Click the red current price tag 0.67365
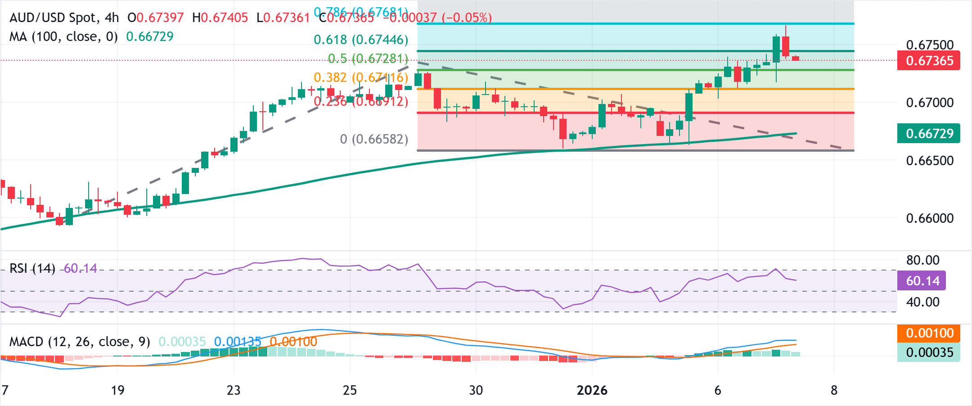coord(928,61)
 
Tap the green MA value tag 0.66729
coord(928,134)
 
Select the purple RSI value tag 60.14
coord(922,281)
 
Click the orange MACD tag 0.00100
coord(929,333)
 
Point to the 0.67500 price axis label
coord(930,45)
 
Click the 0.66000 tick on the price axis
coord(930,218)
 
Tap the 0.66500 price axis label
coord(930,161)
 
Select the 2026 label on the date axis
coord(592,390)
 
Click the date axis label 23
coord(234,390)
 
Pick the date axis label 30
coord(476,390)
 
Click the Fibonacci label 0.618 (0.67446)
coord(361,40)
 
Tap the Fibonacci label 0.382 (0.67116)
coord(361,78)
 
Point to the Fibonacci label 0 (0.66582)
coord(374,139)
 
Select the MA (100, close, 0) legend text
coord(63,36)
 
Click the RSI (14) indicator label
coord(32,269)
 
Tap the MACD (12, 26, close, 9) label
coord(80,342)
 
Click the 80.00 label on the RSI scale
coord(922,260)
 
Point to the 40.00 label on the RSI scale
coord(922,302)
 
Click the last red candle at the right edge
coord(796,59)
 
